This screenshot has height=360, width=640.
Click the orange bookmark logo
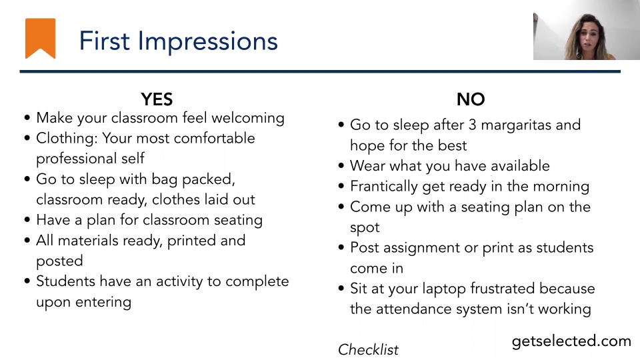click(x=40, y=37)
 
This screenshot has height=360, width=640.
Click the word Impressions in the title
click(x=207, y=41)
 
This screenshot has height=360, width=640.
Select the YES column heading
click(x=157, y=99)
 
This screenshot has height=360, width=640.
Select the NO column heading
click(x=471, y=99)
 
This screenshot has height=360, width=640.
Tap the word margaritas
click(x=516, y=125)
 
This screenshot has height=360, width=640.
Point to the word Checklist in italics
click(x=368, y=349)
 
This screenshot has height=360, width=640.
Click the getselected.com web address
click(x=571, y=341)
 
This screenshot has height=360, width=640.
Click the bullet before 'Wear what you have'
click(x=341, y=166)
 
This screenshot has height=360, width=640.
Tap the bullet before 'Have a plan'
click(x=27, y=220)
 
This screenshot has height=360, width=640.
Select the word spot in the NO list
click(x=365, y=227)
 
